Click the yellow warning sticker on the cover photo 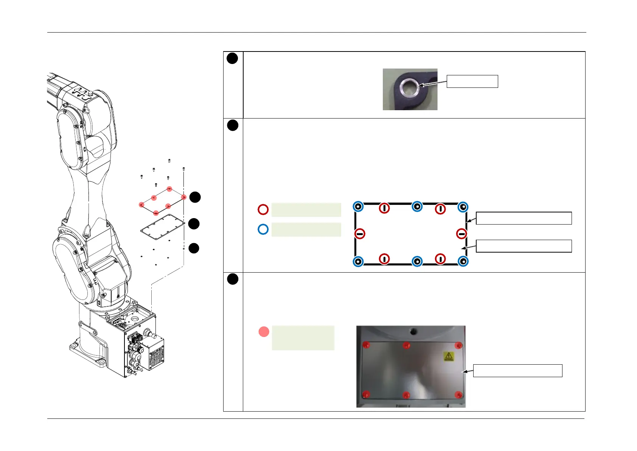point(448,356)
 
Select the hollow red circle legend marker point(263,209)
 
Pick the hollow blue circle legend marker point(263,229)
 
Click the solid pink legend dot point(264,332)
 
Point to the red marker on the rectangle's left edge point(360,234)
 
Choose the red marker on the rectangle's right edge point(461,234)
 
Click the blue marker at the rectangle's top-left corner point(358,207)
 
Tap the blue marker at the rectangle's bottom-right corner point(463,261)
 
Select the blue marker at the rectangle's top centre point(417,206)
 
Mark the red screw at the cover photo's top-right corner point(458,345)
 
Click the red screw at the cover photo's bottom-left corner point(366,395)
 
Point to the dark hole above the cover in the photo point(413,332)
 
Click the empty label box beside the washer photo point(472,81)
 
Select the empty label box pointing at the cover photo point(517,371)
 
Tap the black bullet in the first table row point(232,58)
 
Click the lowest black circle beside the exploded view point(194,248)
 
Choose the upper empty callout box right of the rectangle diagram point(524,218)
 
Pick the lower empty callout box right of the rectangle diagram point(524,246)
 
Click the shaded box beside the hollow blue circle point(306,229)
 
